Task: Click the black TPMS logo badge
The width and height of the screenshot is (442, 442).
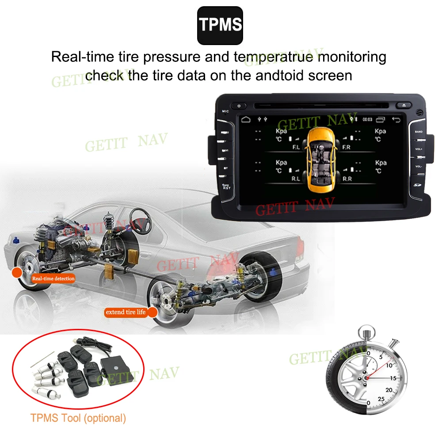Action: (x=220, y=25)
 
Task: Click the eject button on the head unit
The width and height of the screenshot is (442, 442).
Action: (x=404, y=106)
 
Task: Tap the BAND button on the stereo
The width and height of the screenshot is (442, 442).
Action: (x=419, y=132)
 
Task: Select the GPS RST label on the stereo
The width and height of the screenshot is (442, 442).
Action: (x=226, y=187)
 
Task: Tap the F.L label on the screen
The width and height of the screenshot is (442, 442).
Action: (x=296, y=147)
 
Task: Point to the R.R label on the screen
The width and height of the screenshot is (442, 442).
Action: (x=347, y=179)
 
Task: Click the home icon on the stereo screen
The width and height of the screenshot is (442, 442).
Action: (x=245, y=119)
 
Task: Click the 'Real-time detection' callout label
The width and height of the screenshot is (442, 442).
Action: (x=53, y=278)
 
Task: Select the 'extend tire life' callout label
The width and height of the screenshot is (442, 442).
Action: (x=125, y=312)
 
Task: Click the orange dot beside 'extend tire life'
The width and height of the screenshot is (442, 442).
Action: (x=152, y=312)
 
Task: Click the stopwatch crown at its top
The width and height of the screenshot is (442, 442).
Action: (x=366, y=331)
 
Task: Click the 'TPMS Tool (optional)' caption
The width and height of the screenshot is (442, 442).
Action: (x=78, y=418)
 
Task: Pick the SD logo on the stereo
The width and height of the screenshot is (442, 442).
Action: (x=417, y=184)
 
